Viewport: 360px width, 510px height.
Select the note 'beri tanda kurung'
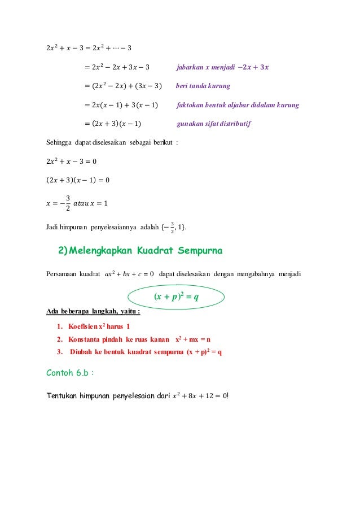point(203,86)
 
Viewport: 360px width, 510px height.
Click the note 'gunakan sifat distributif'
point(214,124)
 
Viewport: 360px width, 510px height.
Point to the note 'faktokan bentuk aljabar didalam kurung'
point(238,105)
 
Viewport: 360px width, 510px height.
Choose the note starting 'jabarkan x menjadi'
point(223,67)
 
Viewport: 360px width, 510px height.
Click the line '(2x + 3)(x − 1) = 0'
point(77,180)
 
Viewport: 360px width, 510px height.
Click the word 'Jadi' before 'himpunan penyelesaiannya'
point(51,228)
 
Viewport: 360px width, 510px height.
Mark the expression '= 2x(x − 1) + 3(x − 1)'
point(121,105)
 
